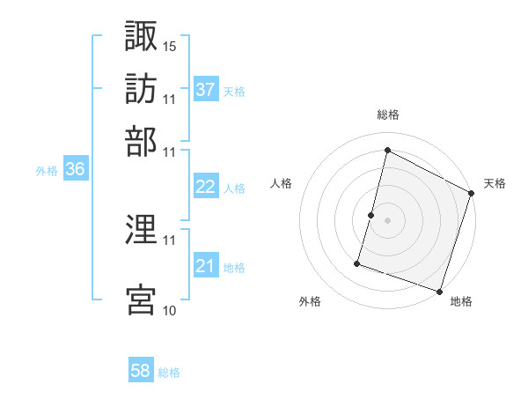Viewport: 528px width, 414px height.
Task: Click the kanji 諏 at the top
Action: click(141, 37)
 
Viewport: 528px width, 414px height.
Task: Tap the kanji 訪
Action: click(141, 90)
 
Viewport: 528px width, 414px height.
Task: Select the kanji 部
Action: click(141, 141)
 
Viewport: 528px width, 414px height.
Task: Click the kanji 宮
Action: click(141, 299)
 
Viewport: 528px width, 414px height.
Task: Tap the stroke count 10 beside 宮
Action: click(170, 310)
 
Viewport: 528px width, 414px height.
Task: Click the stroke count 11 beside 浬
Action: click(170, 240)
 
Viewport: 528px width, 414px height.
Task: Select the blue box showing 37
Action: click(206, 90)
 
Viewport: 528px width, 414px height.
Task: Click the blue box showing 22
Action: click(206, 188)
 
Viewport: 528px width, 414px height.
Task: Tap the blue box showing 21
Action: click(206, 267)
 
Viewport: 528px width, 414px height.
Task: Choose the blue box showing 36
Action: click(75, 171)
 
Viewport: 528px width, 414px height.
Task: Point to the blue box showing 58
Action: click(141, 372)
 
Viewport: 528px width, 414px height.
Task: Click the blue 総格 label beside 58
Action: click(169, 373)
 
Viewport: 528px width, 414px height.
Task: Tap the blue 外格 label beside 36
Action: click(47, 172)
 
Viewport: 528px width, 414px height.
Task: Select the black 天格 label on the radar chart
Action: click(495, 183)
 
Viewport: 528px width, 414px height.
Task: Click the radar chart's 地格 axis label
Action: click(461, 301)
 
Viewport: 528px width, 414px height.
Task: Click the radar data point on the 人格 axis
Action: click(371, 215)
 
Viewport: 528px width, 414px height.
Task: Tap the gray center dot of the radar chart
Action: click(387, 220)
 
